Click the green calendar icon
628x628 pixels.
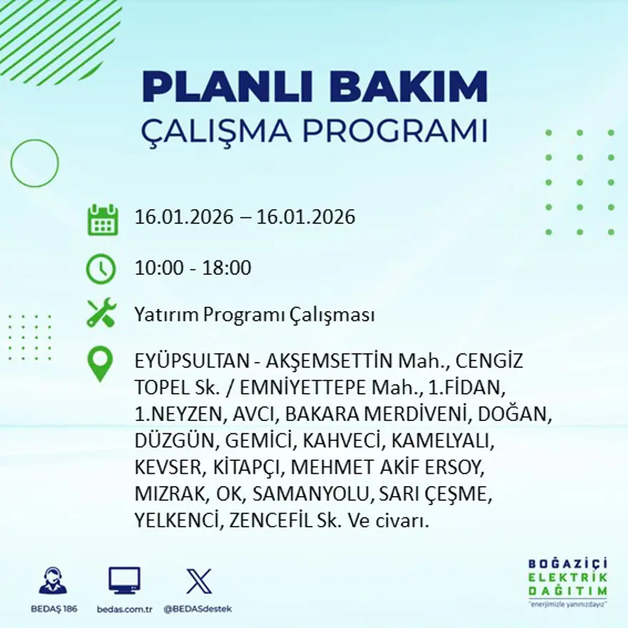[103, 220]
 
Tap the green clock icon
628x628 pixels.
[101, 268]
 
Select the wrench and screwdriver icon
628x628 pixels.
[101, 314]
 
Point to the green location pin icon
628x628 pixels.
[100, 363]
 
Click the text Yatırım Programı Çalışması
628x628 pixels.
[254, 315]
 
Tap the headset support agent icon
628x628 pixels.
[53, 582]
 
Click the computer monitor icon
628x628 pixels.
[124, 581]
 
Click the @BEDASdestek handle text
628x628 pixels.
[198, 609]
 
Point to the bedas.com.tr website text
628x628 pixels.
[125, 609]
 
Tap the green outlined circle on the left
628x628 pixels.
[34, 163]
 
